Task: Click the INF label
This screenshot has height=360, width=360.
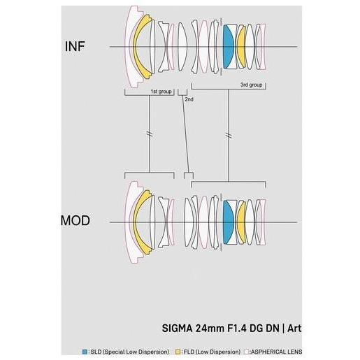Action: [x=75, y=46]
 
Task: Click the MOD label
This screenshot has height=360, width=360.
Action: [x=75, y=220]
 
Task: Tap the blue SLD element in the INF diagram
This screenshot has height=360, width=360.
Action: [x=228, y=47]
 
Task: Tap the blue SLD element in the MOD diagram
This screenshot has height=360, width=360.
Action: [x=228, y=222]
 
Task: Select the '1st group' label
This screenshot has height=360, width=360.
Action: [x=161, y=92]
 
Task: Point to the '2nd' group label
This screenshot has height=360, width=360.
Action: [x=189, y=99]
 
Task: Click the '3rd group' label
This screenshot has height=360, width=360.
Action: [x=251, y=85]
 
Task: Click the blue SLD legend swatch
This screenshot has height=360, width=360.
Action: [x=85, y=352]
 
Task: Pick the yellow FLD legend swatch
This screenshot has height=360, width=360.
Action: [x=178, y=352]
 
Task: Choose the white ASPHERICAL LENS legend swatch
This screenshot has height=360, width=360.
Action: [x=246, y=352]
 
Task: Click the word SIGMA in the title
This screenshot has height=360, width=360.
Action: [x=178, y=329]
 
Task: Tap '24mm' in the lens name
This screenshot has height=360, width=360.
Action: [x=210, y=329]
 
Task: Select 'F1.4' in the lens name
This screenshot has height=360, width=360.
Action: [x=237, y=329]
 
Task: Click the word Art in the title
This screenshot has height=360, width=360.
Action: [x=294, y=329]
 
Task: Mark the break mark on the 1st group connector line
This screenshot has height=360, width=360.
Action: [x=150, y=134]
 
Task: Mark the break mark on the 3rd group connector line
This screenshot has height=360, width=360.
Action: [x=229, y=135]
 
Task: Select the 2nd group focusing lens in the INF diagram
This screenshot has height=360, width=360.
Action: [x=182, y=47]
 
